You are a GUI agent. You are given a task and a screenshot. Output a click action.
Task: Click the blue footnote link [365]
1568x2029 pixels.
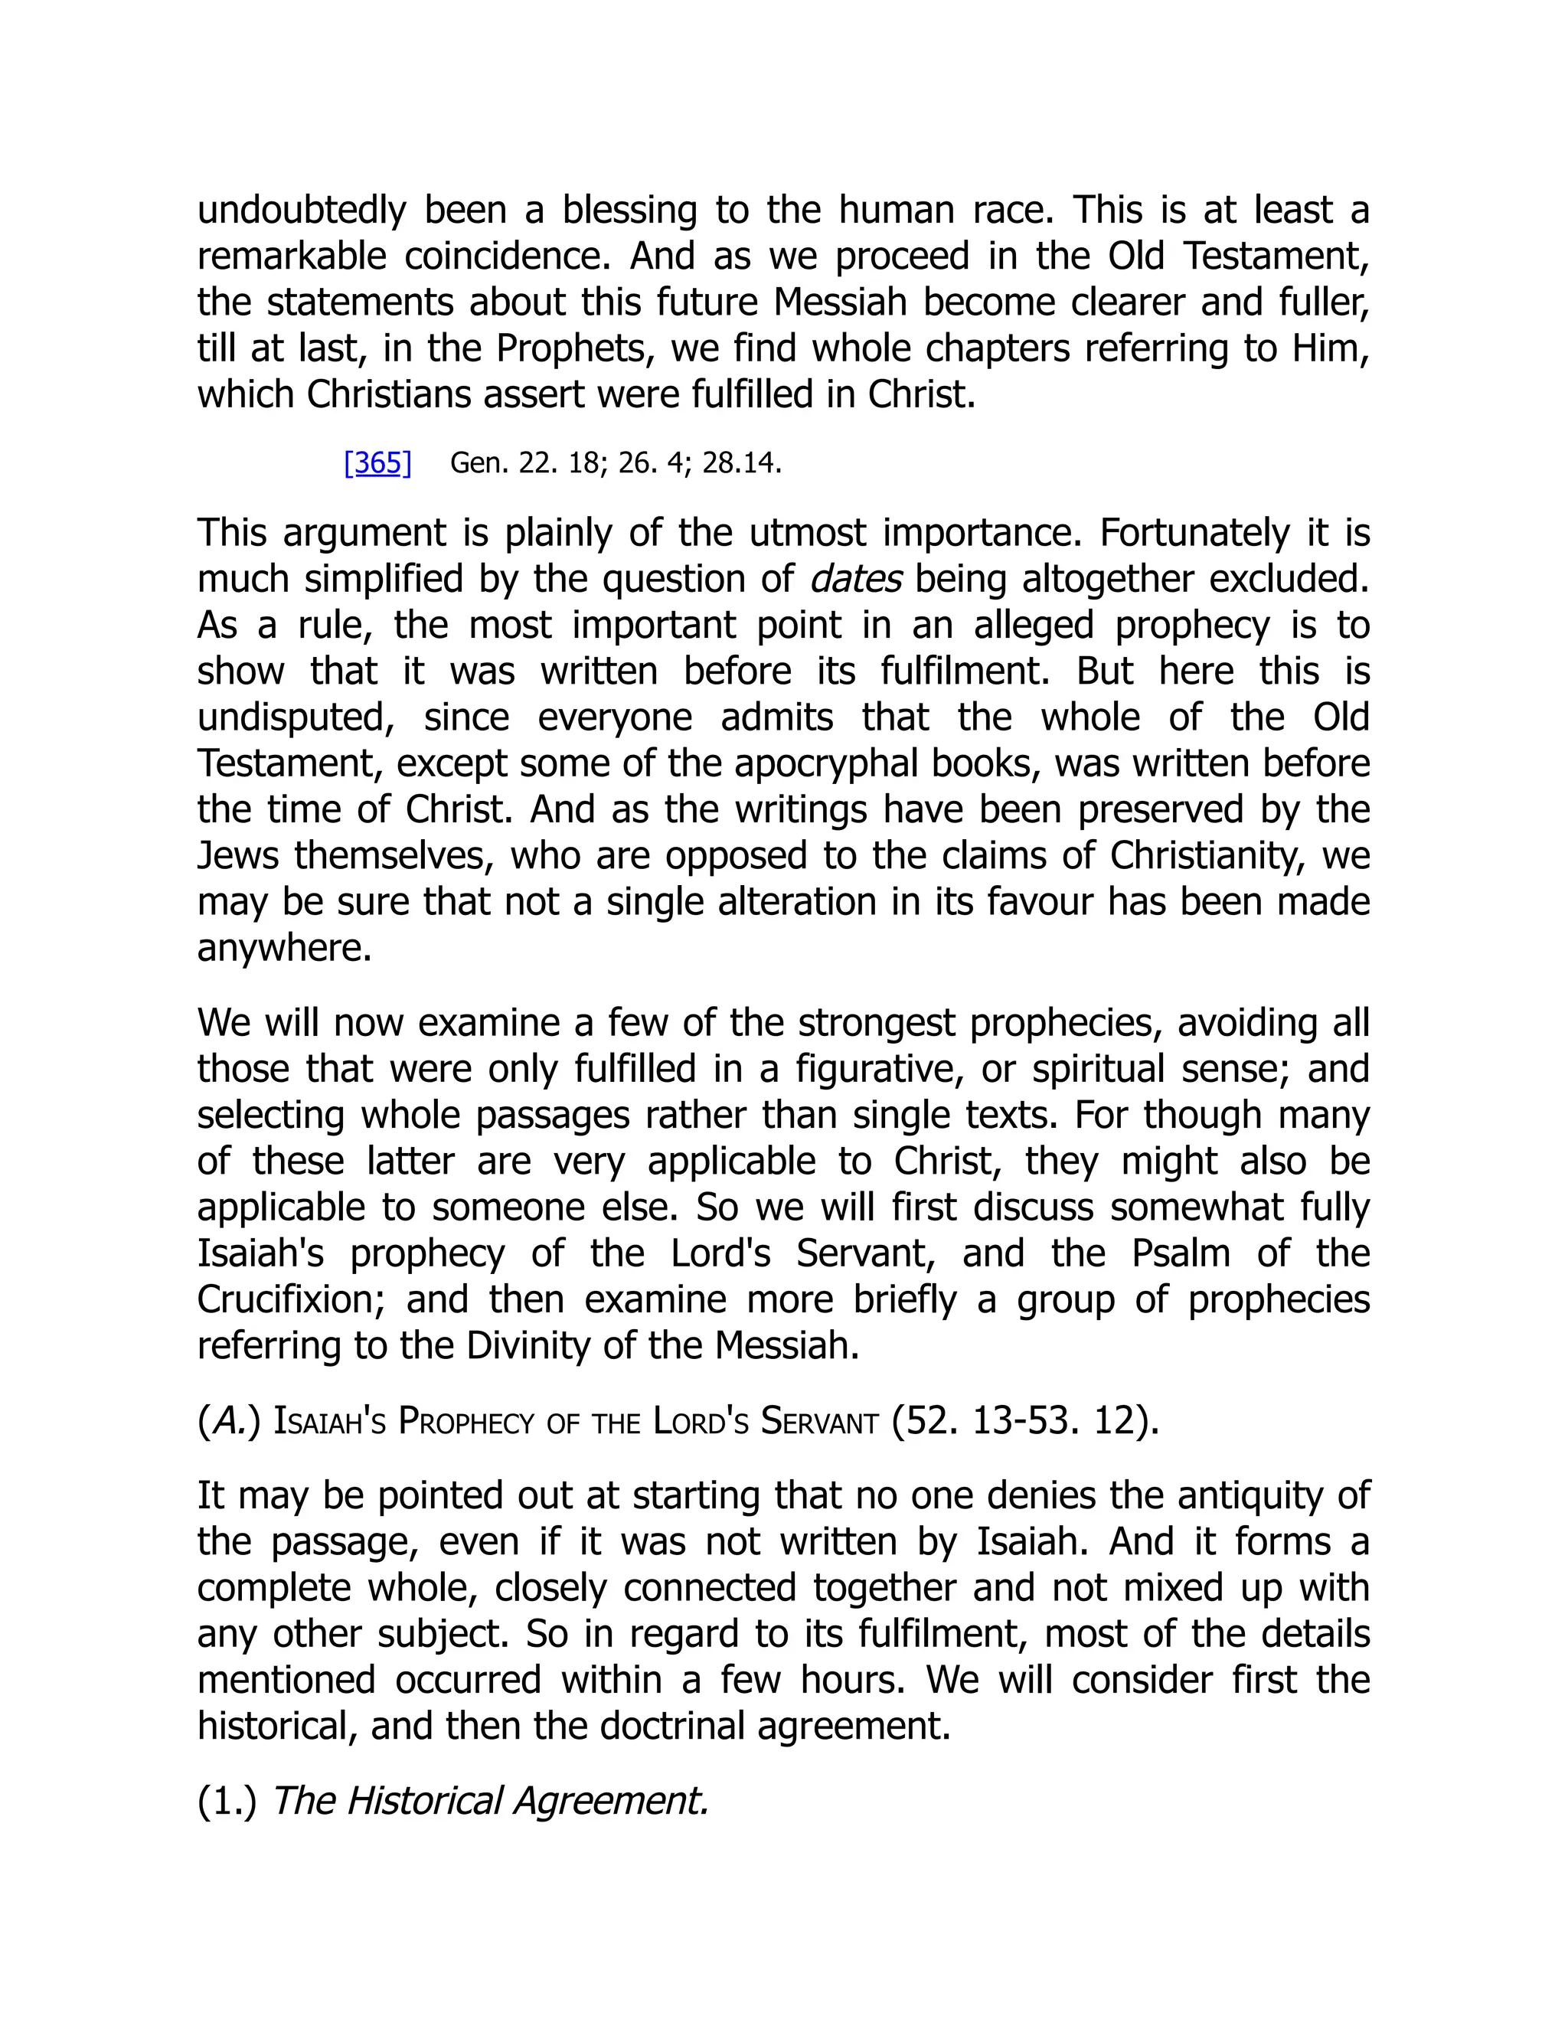point(377,462)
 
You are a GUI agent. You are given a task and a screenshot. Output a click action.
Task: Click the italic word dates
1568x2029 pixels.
point(855,580)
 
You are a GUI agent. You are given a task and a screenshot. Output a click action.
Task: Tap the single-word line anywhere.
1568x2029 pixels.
point(284,949)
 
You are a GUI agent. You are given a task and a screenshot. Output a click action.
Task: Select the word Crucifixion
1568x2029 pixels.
point(291,1300)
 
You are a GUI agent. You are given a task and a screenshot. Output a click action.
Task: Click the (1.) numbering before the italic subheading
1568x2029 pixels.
point(227,1802)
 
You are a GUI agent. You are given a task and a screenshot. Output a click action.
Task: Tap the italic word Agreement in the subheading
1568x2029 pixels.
point(611,1802)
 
